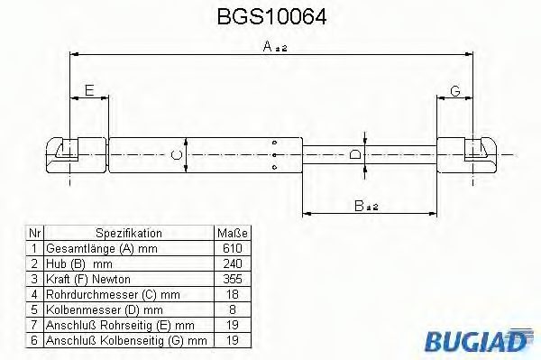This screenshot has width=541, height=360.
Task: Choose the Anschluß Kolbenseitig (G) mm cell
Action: coord(106,339)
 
